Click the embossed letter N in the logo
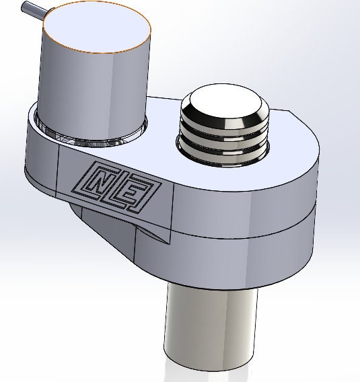click(103, 180)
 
